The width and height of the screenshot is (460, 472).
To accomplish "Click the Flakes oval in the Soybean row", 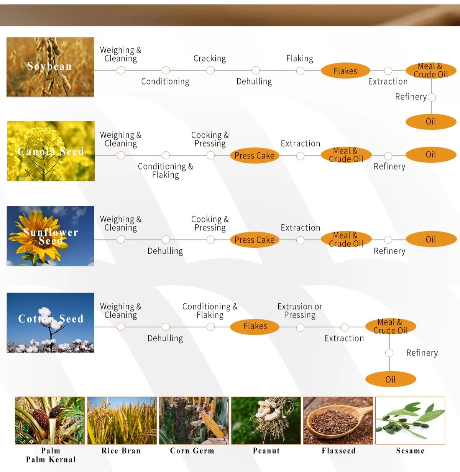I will click(x=345, y=71).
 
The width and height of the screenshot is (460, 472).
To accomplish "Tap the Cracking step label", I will click(x=209, y=59).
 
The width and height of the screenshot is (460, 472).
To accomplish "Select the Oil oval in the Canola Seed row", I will click(x=431, y=155).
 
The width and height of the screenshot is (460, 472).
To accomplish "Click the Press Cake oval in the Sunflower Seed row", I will click(x=254, y=240).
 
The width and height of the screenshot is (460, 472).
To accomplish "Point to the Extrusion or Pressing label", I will click(x=299, y=311).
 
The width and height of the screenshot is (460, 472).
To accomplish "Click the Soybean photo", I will click(x=50, y=67).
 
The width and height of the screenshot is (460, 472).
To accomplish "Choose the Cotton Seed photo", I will click(x=50, y=323).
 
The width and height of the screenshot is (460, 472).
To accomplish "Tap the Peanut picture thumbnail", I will click(x=266, y=420).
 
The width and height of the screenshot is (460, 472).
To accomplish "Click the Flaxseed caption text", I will click(x=338, y=451).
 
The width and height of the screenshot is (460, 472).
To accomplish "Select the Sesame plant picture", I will click(x=410, y=420).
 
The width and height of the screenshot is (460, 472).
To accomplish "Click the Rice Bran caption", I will click(x=121, y=451).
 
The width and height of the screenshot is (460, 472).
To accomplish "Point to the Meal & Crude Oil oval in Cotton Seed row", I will click(x=390, y=327).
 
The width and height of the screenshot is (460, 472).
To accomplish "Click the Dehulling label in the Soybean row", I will click(x=254, y=82).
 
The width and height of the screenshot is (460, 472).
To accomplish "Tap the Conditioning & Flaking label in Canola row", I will click(x=165, y=171).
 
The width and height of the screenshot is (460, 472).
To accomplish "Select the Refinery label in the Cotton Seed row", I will click(x=422, y=353).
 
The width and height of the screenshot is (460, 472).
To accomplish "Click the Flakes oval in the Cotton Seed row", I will click(x=255, y=326).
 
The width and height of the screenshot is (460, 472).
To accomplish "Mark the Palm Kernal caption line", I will click(x=51, y=460).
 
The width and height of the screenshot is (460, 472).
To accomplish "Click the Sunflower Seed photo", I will click(x=50, y=236).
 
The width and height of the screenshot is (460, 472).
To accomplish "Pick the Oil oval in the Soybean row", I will click(x=431, y=122).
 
